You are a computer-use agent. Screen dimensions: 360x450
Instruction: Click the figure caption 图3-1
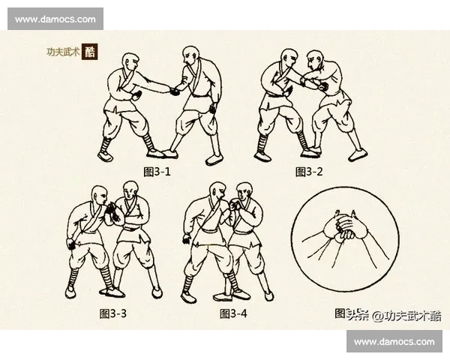pyautogui.click(x=157, y=172)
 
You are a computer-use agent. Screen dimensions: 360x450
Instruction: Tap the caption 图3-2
pyautogui.click(x=309, y=172)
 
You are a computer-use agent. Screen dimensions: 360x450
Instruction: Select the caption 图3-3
pyautogui.click(x=113, y=313)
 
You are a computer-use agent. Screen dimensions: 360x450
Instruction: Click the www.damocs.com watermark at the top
pyautogui.click(x=56, y=18)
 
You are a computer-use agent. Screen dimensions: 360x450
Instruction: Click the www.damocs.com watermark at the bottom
pyautogui.click(x=394, y=341)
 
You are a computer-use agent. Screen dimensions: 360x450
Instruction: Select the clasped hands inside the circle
pyautogui.click(x=342, y=226)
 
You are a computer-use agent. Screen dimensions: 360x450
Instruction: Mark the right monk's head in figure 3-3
pyautogui.click(x=130, y=193)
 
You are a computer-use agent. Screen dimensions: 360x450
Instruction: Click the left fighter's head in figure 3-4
pyautogui.click(x=215, y=192)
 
